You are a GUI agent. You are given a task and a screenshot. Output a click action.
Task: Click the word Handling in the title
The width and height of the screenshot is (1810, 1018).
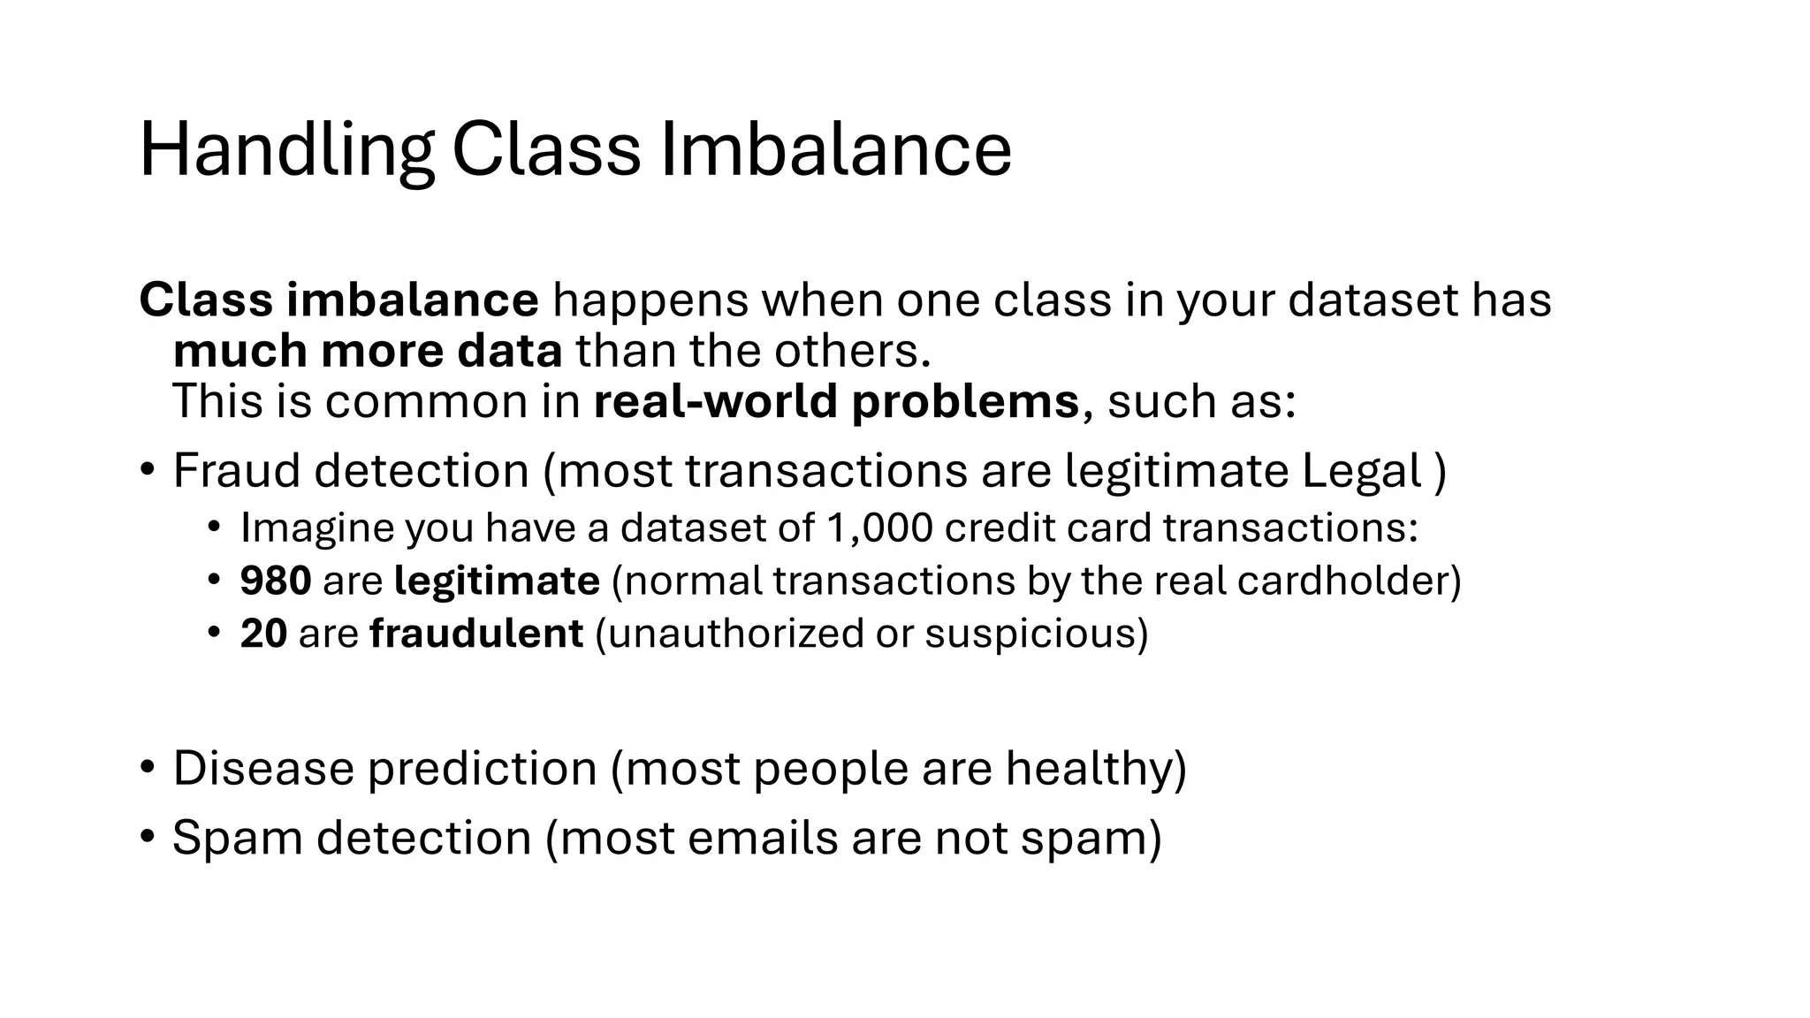[x=285, y=150]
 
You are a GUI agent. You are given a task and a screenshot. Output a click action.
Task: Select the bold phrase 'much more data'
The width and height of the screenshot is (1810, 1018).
[x=368, y=351]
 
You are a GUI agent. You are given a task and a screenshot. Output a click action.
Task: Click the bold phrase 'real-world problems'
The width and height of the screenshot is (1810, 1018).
[x=836, y=401]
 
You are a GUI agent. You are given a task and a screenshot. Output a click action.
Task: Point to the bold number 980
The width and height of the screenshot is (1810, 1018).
[x=275, y=581]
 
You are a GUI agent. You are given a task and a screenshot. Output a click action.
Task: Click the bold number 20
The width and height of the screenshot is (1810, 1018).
[x=263, y=634]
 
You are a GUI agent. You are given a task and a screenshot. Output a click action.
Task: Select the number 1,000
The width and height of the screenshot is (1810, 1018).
[x=879, y=528]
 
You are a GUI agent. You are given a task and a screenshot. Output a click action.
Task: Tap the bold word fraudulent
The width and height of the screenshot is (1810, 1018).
[x=476, y=634]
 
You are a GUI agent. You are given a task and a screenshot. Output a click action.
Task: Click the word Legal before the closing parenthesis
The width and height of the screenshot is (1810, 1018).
[x=1361, y=470]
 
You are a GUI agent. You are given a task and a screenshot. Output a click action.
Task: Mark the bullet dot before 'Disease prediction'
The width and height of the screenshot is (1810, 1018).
[x=148, y=765]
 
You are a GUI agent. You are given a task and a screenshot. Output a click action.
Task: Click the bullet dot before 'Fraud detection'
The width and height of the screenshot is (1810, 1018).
[x=148, y=468]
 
